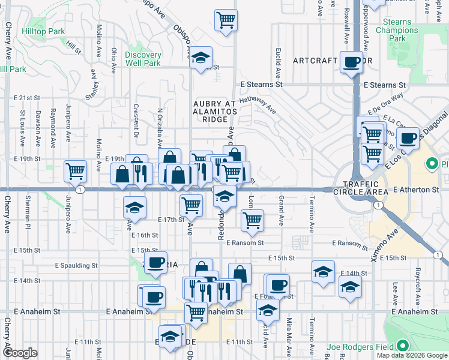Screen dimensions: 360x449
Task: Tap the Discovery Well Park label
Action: (x=143, y=59)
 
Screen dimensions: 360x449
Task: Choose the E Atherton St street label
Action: (x=420, y=189)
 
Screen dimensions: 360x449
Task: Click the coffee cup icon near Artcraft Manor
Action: (x=351, y=61)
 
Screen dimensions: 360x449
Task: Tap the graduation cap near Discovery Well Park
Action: (x=200, y=58)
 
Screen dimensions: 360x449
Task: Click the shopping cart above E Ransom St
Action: (x=252, y=220)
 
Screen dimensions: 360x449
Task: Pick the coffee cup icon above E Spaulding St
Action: (x=156, y=263)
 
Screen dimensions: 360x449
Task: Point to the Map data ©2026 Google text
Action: (x=412, y=355)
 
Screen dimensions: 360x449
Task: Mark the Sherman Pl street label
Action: (x=28, y=218)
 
